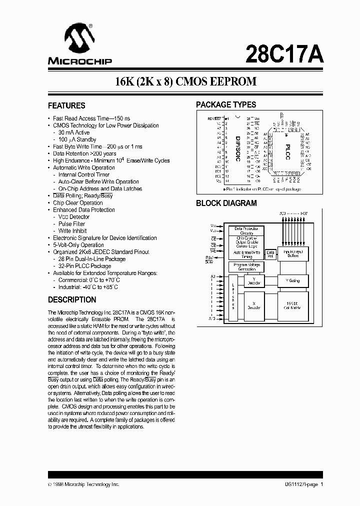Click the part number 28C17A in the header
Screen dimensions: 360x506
[284, 53]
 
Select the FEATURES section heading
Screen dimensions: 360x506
[66, 105]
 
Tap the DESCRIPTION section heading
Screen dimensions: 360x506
[72, 300]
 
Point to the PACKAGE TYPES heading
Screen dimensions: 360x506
[226, 105]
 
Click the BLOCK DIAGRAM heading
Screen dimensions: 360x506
[226, 203]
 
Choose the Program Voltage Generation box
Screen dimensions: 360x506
[246, 267]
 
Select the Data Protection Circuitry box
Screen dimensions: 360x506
[246, 231]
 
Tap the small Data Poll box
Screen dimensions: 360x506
[270, 254]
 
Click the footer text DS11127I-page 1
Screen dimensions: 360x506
[300, 484]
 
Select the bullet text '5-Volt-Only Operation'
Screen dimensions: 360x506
[78, 245]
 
